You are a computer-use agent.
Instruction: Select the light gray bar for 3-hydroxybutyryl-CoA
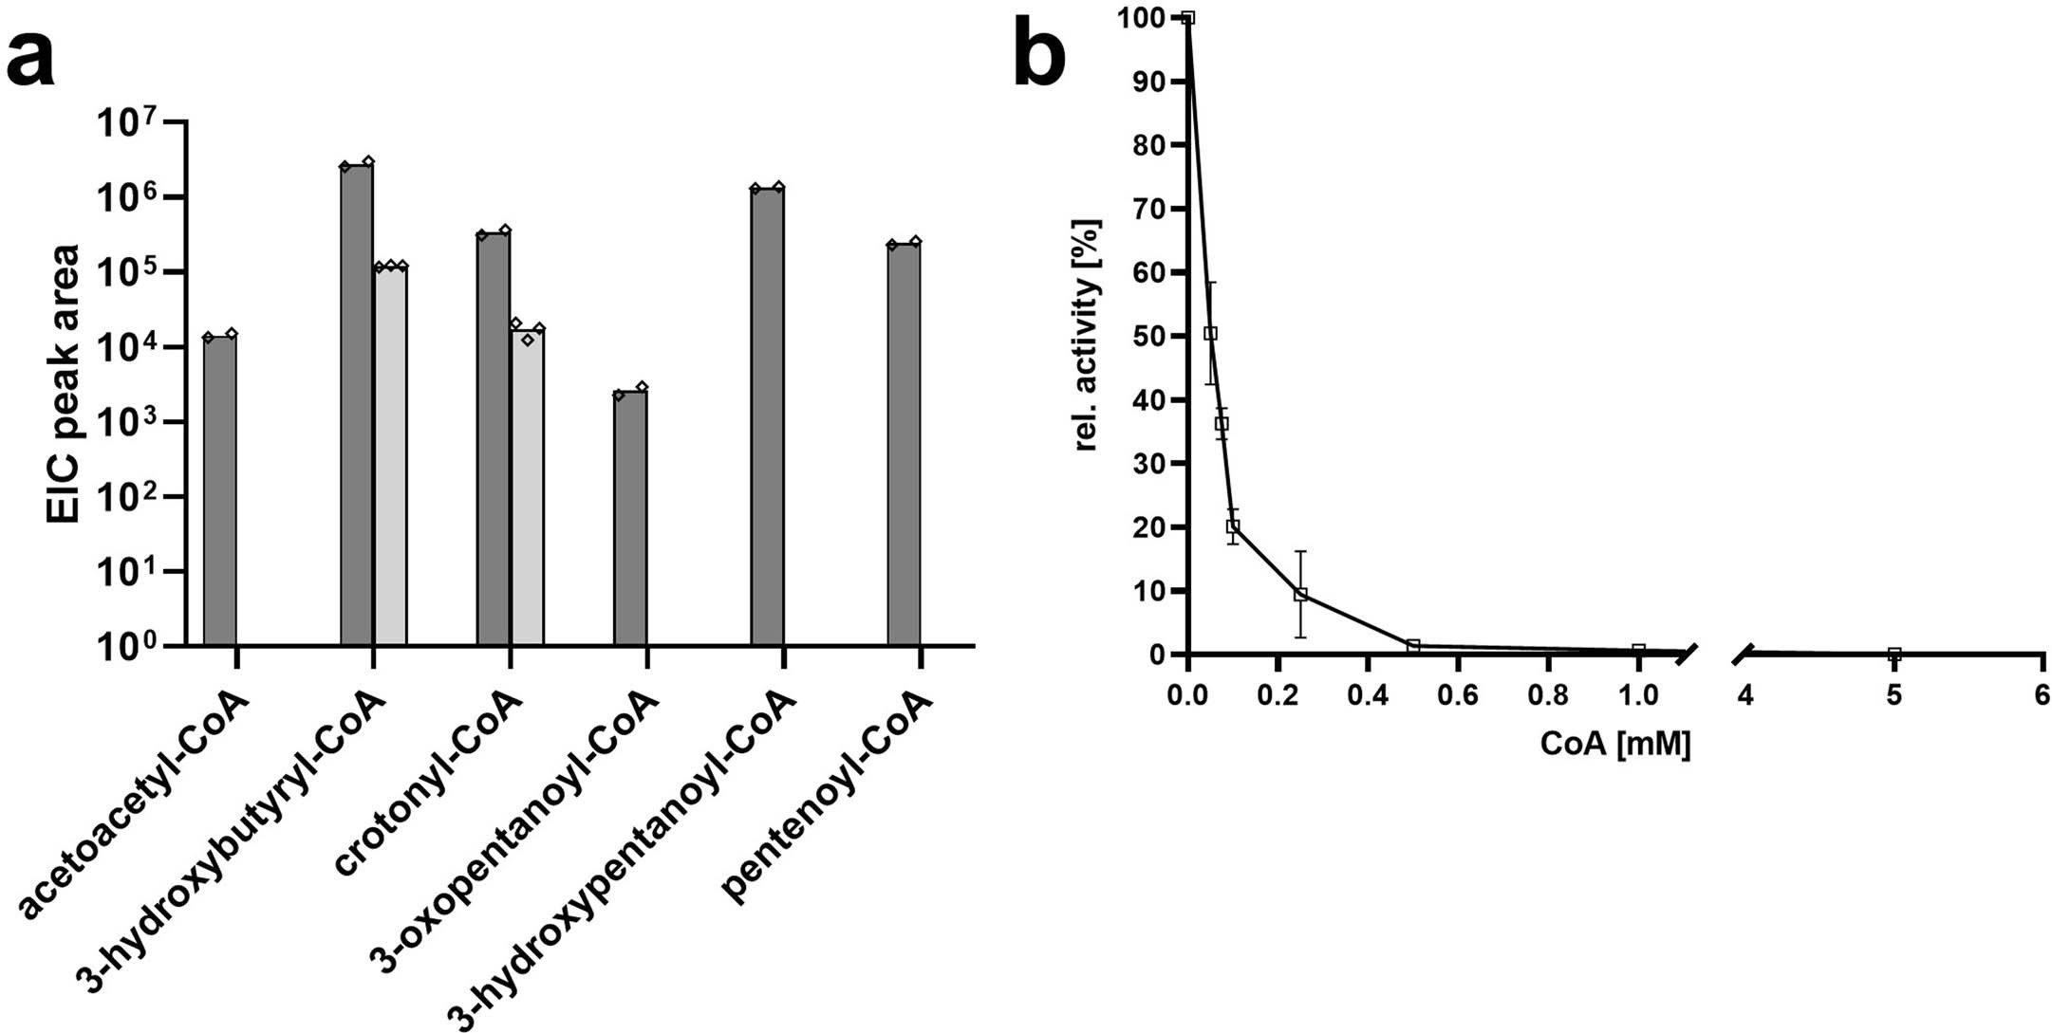coord(390,455)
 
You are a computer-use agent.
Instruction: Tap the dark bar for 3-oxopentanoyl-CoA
coord(630,517)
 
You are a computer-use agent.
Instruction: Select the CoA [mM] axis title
coord(1614,744)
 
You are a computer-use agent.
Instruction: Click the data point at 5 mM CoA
coord(1893,654)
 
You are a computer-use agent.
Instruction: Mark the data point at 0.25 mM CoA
coord(1300,595)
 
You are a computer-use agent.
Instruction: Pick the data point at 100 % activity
coord(1187,17)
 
